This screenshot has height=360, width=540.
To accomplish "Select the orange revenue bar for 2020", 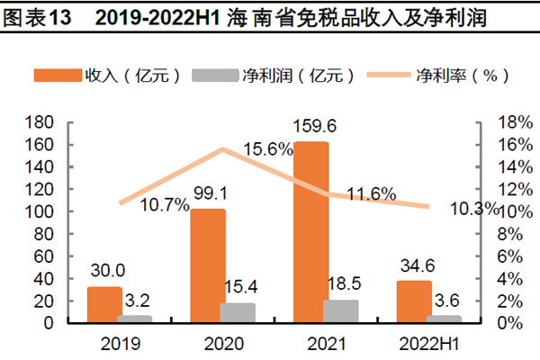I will pos(208,265).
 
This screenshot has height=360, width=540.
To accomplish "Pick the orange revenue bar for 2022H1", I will pos(415,301).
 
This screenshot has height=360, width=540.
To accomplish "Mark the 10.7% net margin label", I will pos(164,204).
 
